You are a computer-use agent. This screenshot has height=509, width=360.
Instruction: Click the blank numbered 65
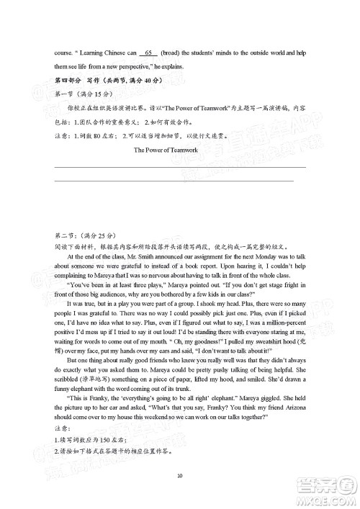[150, 53]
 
